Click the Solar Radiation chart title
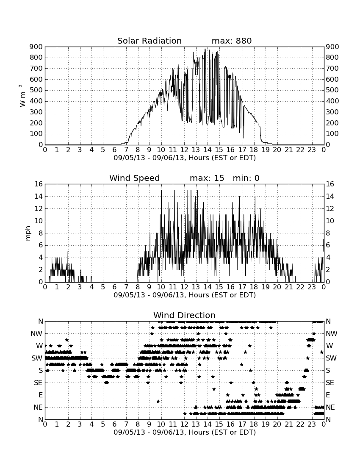pos(150,41)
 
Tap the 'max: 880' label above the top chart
pos(232,41)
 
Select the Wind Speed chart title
pos(135,178)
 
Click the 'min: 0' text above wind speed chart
pos(246,178)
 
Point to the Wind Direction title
pos(185,315)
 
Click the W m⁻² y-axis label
pos(22,96)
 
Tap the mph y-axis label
pos(28,233)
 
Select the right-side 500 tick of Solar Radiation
pos(332,90)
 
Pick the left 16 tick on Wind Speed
pos(39,184)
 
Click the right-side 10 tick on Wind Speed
pos(330,221)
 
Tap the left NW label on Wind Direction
pos(36,333)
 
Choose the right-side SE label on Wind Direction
pos(330,383)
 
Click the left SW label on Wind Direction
pos(37,358)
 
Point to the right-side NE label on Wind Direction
pos(330,407)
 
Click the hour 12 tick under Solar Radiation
pos(184,150)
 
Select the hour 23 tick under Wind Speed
pos(312,287)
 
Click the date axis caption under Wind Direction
pos(185,432)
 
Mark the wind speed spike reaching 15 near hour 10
pos(161,190)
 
